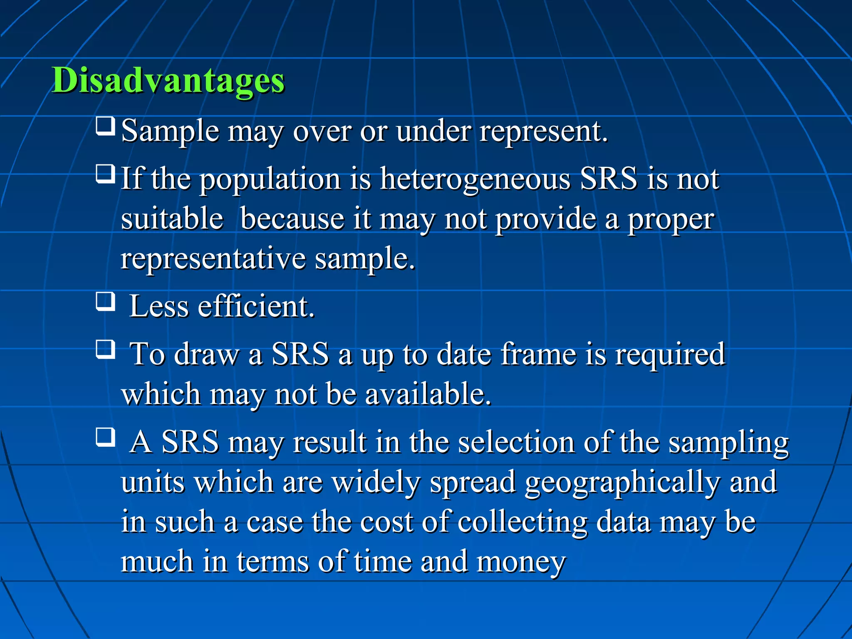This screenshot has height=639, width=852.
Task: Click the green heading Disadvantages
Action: click(168, 80)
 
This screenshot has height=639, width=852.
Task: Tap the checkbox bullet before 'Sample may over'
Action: click(105, 126)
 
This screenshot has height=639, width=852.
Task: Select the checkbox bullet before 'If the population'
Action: click(105, 174)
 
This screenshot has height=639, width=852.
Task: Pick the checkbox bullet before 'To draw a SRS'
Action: click(105, 349)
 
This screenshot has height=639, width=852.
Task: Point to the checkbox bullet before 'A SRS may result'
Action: click(105, 437)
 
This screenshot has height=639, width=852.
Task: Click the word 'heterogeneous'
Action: click(475, 179)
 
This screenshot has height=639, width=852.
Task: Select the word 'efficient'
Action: click(255, 307)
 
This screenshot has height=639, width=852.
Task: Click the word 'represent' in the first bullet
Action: click(543, 131)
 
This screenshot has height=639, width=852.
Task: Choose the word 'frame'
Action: click(538, 354)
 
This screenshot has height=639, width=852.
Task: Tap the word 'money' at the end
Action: click(521, 562)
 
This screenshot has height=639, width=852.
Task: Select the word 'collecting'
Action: click(522, 522)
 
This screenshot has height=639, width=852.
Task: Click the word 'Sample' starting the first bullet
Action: click(170, 131)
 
